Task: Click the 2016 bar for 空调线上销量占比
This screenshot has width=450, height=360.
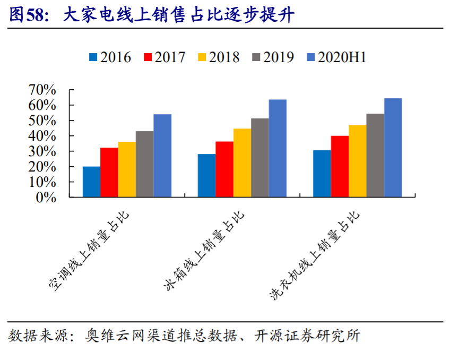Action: pyautogui.click(x=91, y=182)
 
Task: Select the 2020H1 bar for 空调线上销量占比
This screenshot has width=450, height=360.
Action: pyautogui.click(x=162, y=156)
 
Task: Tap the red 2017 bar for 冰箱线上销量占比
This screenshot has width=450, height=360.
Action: pyautogui.click(x=224, y=169)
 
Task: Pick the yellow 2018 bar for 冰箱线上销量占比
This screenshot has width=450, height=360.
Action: pyautogui.click(x=242, y=162)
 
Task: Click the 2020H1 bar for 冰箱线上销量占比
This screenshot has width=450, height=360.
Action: pyautogui.click(x=278, y=148)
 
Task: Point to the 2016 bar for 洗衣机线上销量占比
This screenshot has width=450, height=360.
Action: pyautogui.click(x=322, y=173)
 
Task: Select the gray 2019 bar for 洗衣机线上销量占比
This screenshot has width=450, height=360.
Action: pyautogui.click(x=375, y=155)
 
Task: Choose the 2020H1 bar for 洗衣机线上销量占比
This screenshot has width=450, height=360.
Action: pyautogui.click(x=393, y=148)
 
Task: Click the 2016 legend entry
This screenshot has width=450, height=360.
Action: pyautogui.click(x=110, y=57)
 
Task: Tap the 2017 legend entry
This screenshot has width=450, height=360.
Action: pyautogui.click(x=165, y=57)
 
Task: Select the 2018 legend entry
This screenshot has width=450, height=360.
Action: pyautogui.click(x=219, y=57)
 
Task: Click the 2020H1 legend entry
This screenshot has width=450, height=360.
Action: pyautogui.click(x=336, y=57)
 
